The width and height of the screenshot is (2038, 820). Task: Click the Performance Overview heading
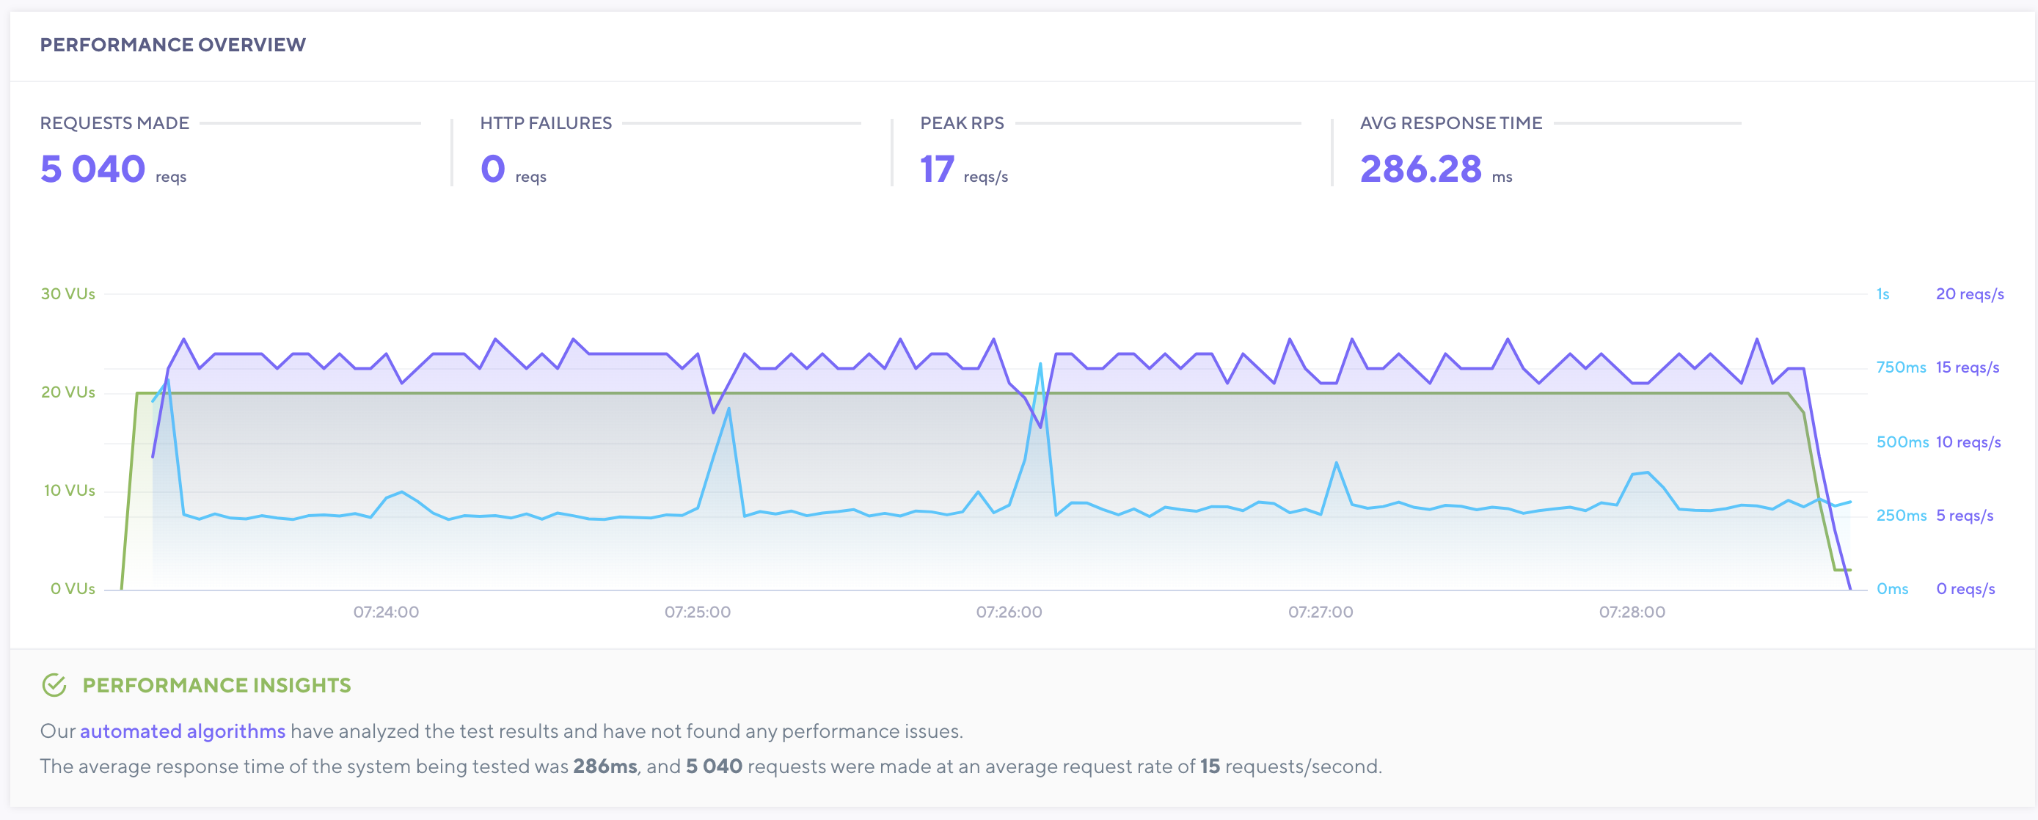pos(172,45)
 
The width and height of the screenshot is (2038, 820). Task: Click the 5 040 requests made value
pos(92,169)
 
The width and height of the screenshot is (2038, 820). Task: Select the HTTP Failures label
pos(545,123)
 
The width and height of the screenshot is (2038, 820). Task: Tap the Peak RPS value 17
pos(937,169)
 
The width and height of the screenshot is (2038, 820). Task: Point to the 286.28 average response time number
pos(1420,169)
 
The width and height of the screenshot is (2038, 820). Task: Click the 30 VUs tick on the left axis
pos(68,294)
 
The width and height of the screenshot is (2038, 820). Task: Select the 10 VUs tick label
pos(69,490)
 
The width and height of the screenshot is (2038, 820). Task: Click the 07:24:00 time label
pos(386,612)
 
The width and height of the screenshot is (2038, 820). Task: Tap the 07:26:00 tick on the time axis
pos(1009,612)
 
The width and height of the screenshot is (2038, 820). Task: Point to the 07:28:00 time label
pos(1632,612)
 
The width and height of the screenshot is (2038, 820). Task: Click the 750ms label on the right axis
pos(1900,367)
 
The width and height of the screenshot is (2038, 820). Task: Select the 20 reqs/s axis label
pos(1969,294)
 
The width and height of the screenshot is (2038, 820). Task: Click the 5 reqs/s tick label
pos(1964,516)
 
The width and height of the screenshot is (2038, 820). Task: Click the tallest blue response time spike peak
pos(1040,364)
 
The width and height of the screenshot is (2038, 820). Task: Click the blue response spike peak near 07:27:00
pos(1336,463)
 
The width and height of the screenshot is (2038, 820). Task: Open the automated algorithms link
pos(182,731)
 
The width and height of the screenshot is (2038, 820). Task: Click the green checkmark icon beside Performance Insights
pos(54,686)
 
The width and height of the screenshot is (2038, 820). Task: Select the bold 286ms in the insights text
pos(605,766)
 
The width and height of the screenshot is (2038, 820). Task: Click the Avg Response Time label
pos(1450,123)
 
